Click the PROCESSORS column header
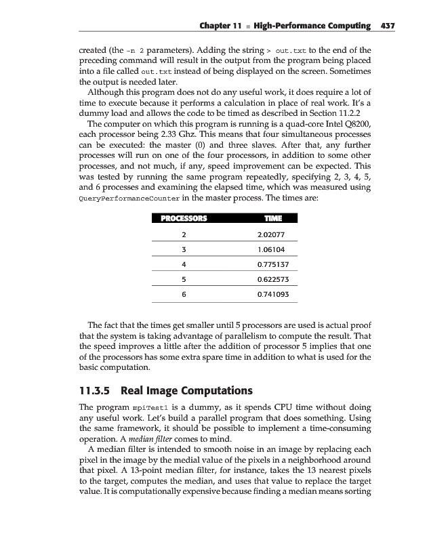pyautogui.click(x=184, y=218)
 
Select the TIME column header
pyautogui.click(x=272, y=218)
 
